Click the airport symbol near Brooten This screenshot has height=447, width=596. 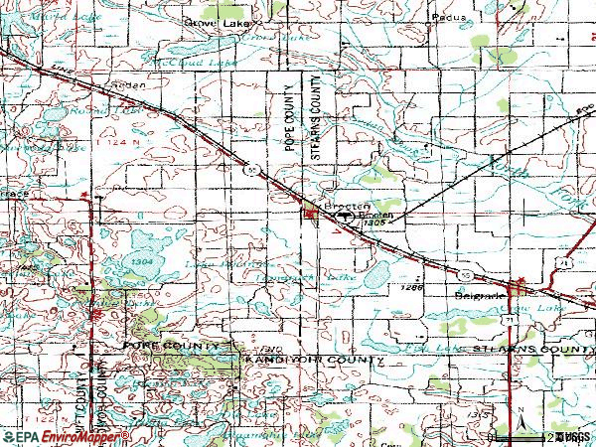(345, 214)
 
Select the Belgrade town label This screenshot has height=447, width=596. (476, 295)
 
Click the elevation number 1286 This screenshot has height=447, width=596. (411, 286)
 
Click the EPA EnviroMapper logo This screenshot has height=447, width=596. (64, 437)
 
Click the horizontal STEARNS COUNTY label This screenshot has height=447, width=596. (532, 351)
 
